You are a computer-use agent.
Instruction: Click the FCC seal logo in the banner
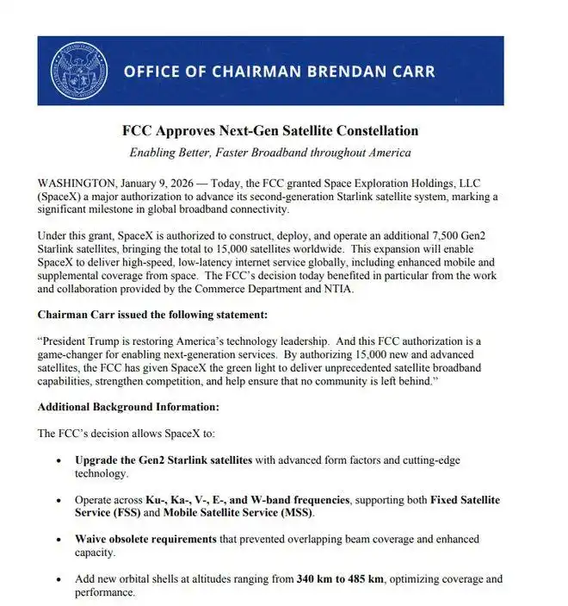pyautogui.click(x=79, y=70)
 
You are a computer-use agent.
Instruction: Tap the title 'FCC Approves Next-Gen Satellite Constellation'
pyautogui.click(x=269, y=131)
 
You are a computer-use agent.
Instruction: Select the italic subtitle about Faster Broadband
pyautogui.click(x=269, y=153)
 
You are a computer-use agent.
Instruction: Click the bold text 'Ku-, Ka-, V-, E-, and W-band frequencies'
pyautogui.click(x=248, y=500)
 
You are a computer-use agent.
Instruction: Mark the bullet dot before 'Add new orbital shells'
pyautogui.click(x=58, y=580)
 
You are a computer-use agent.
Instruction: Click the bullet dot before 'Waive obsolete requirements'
pyautogui.click(x=58, y=540)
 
